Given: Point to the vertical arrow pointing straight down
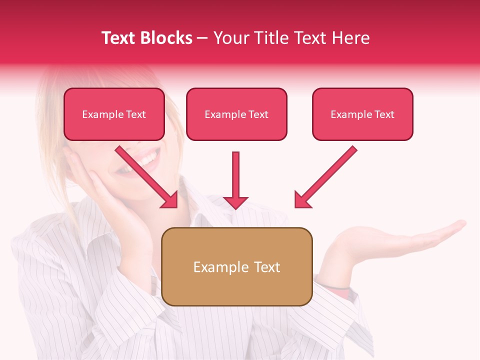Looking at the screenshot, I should pyautogui.click(x=235, y=180).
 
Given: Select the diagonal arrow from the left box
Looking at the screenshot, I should pyautogui.click(x=147, y=177).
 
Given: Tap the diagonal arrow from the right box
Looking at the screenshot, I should pyautogui.click(x=325, y=177).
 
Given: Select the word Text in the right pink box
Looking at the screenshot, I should pyautogui.click(x=384, y=114).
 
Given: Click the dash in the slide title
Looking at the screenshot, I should pyautogui.click(x=202, y=38).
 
